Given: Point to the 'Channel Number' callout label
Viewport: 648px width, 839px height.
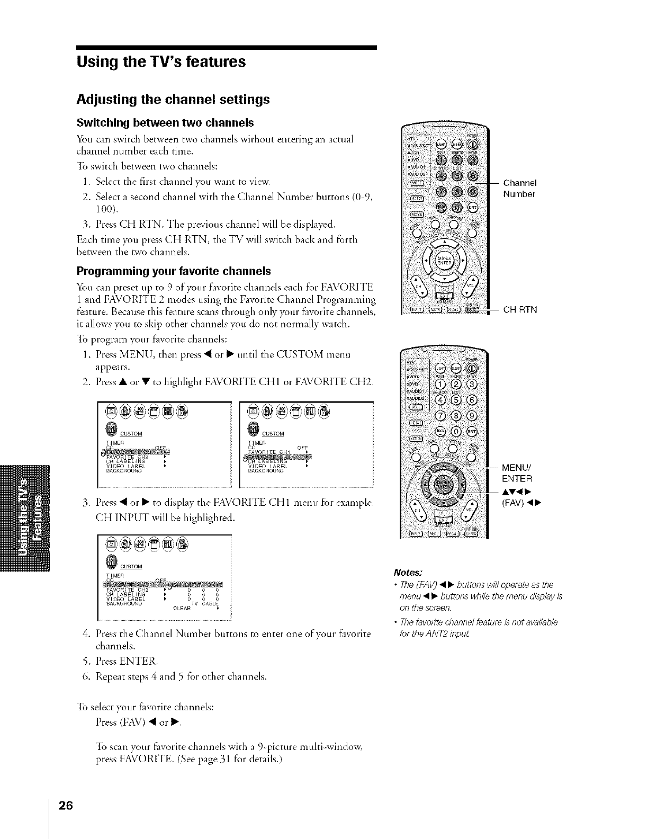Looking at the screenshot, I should (x=520, y=189).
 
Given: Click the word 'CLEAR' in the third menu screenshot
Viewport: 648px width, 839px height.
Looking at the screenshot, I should (x=182, y=608).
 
